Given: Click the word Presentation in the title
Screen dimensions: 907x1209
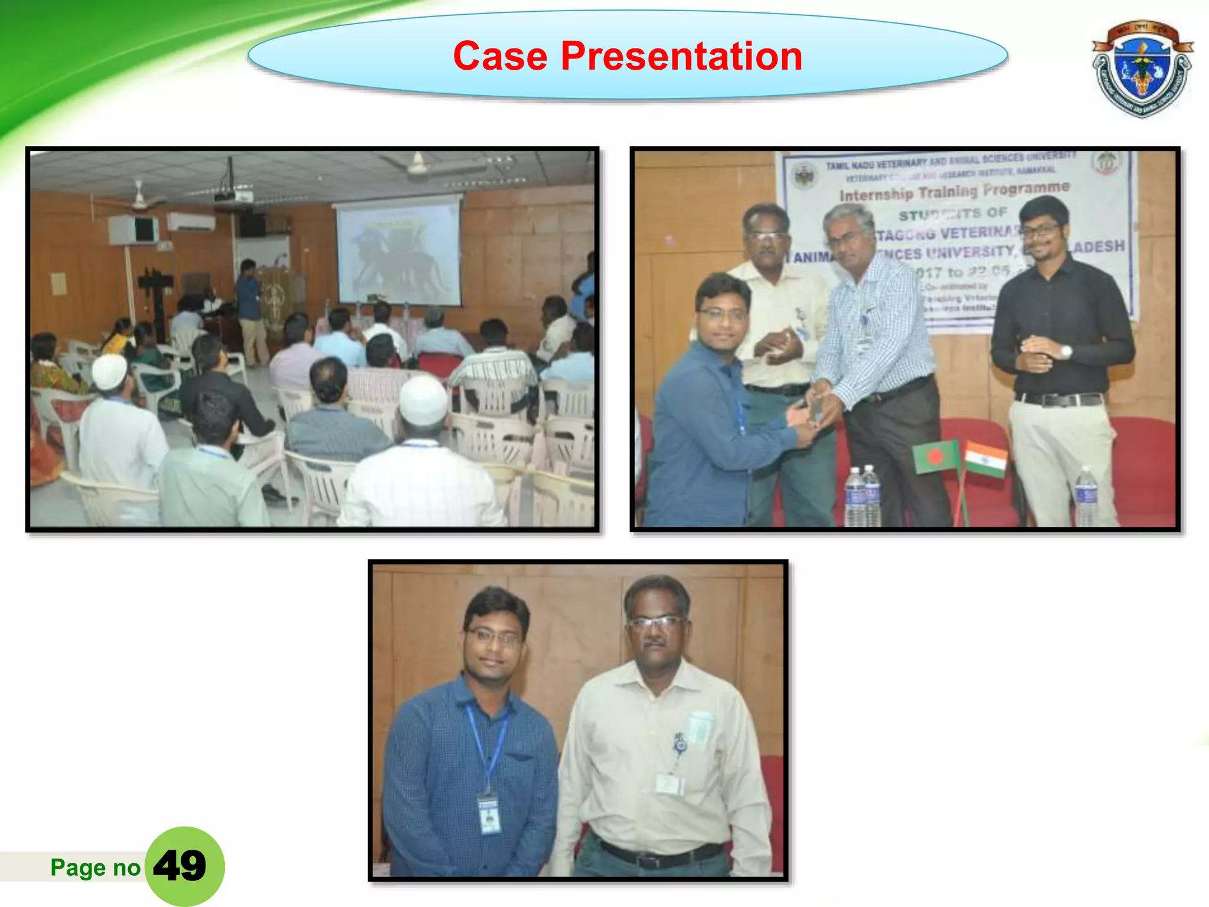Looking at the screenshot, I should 681,57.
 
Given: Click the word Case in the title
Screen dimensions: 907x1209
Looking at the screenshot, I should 500,57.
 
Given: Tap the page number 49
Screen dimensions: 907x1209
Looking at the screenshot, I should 180,866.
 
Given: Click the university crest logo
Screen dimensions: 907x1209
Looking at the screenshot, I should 1141,70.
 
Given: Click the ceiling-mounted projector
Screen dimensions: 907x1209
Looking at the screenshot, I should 233,195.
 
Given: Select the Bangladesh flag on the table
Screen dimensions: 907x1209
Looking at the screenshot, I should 936,456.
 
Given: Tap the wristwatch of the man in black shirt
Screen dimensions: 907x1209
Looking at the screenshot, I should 1066,352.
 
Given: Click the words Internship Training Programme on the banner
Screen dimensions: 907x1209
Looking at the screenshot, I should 954,191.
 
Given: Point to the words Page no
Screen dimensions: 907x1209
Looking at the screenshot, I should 95,867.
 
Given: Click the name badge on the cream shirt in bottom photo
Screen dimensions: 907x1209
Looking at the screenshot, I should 670,784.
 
